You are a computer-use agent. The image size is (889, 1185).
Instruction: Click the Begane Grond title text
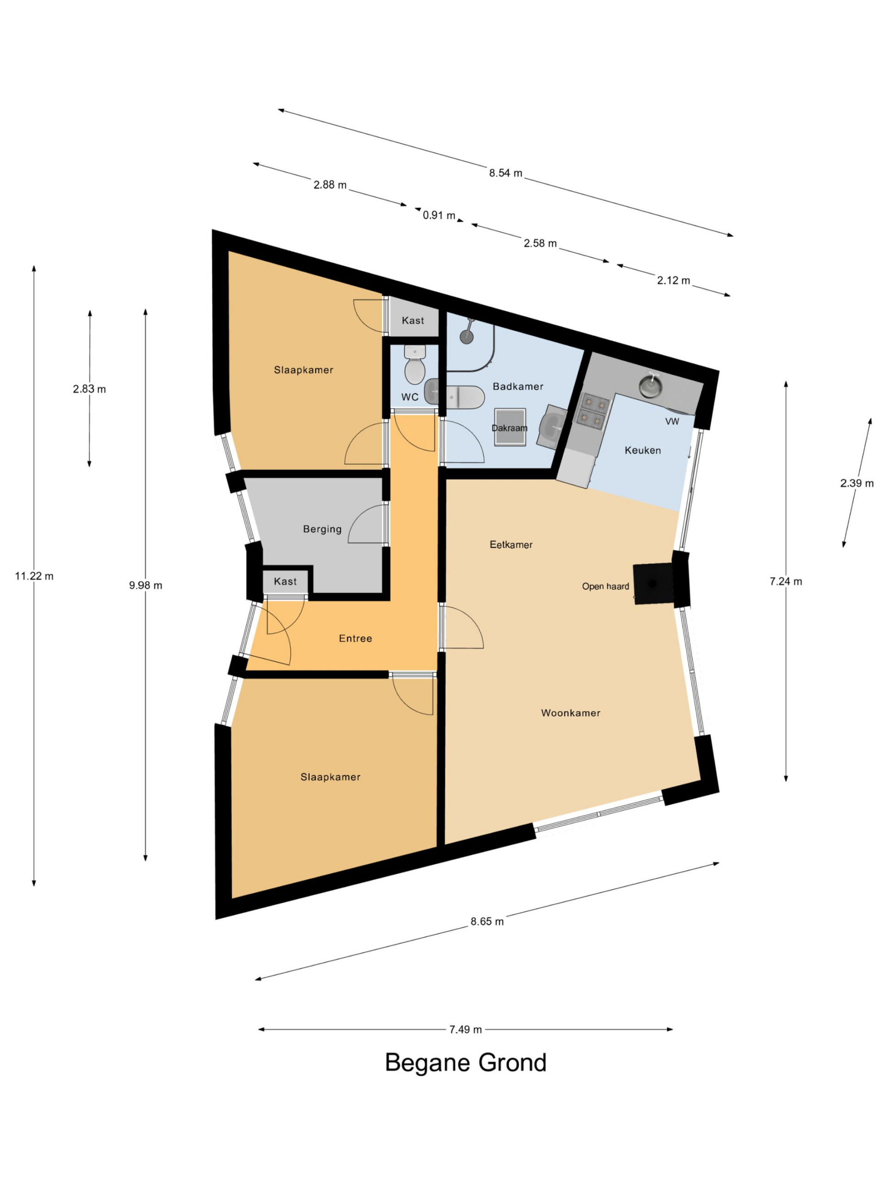point(465,1062)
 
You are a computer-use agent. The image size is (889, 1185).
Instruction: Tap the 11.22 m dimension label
point(34,576)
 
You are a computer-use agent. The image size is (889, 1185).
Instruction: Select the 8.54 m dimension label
point(505,173)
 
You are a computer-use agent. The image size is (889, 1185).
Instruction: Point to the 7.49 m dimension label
point(465,1014)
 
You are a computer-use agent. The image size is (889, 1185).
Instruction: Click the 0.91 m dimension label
point(439,215)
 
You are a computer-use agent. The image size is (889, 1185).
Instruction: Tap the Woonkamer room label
point(571,713)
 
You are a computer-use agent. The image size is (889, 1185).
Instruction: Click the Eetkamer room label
point(511,545)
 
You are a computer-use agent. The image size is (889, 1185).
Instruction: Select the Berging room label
point(322,529)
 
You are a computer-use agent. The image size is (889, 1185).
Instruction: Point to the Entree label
point(355,639)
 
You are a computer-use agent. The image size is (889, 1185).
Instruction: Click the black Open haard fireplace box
point(653,583)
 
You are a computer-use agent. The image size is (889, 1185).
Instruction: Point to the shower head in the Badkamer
point(468,334)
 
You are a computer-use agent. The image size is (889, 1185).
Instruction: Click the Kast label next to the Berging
point(285,581)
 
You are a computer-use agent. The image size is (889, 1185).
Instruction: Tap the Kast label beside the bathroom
point(413,320)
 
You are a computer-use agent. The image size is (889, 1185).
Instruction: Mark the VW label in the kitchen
point(672,422)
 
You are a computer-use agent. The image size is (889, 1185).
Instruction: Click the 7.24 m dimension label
point(786,581)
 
